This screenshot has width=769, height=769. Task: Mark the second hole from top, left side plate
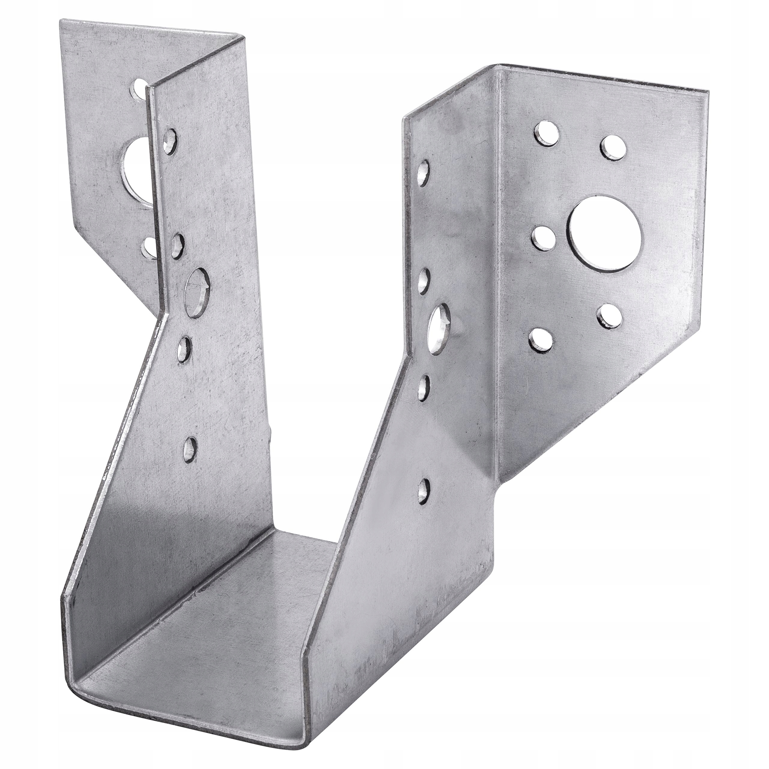(x=178, y=243)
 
